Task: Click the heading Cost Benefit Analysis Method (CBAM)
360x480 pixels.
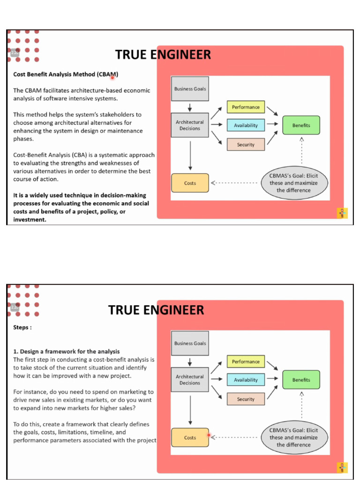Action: [66, 75]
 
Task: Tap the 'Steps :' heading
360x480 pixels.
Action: [22, 327]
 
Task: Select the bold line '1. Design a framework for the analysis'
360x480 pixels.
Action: [67, 352]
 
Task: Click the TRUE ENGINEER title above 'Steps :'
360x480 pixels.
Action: [156, 310]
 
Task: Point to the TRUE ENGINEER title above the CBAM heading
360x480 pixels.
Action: [163, 54]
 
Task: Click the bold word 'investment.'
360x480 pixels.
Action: [30, 219]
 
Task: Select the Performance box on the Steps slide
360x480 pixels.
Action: [246, 361]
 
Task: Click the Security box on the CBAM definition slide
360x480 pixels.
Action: [246, 144]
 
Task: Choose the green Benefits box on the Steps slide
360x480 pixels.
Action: [301, 380]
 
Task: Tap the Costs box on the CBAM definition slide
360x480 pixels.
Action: [190, 183]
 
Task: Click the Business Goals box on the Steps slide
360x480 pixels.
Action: [190, 343]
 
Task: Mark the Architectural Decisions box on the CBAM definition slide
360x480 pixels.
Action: [190, 125]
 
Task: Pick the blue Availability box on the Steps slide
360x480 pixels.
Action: [246, 380]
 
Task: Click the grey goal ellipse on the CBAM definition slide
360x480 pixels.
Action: [294, 183]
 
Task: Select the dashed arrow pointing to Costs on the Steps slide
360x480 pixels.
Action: [234, 437]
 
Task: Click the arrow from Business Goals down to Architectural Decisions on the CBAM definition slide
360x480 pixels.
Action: [190, 107]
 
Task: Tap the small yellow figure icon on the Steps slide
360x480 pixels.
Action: [342, 468]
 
